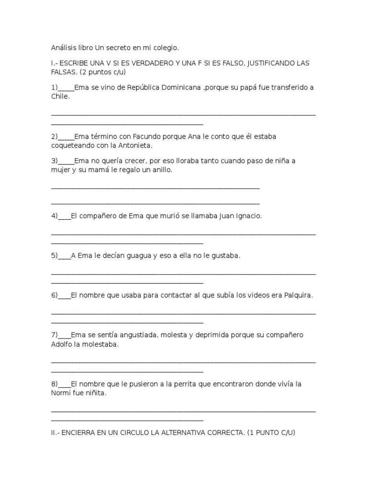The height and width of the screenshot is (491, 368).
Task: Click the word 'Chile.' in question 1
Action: pos(60,96)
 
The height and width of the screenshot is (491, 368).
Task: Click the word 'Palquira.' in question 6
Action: pos(299,295)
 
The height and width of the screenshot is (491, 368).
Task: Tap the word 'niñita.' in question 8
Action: pos(95,393)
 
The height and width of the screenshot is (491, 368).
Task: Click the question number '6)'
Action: pos(54,295)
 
